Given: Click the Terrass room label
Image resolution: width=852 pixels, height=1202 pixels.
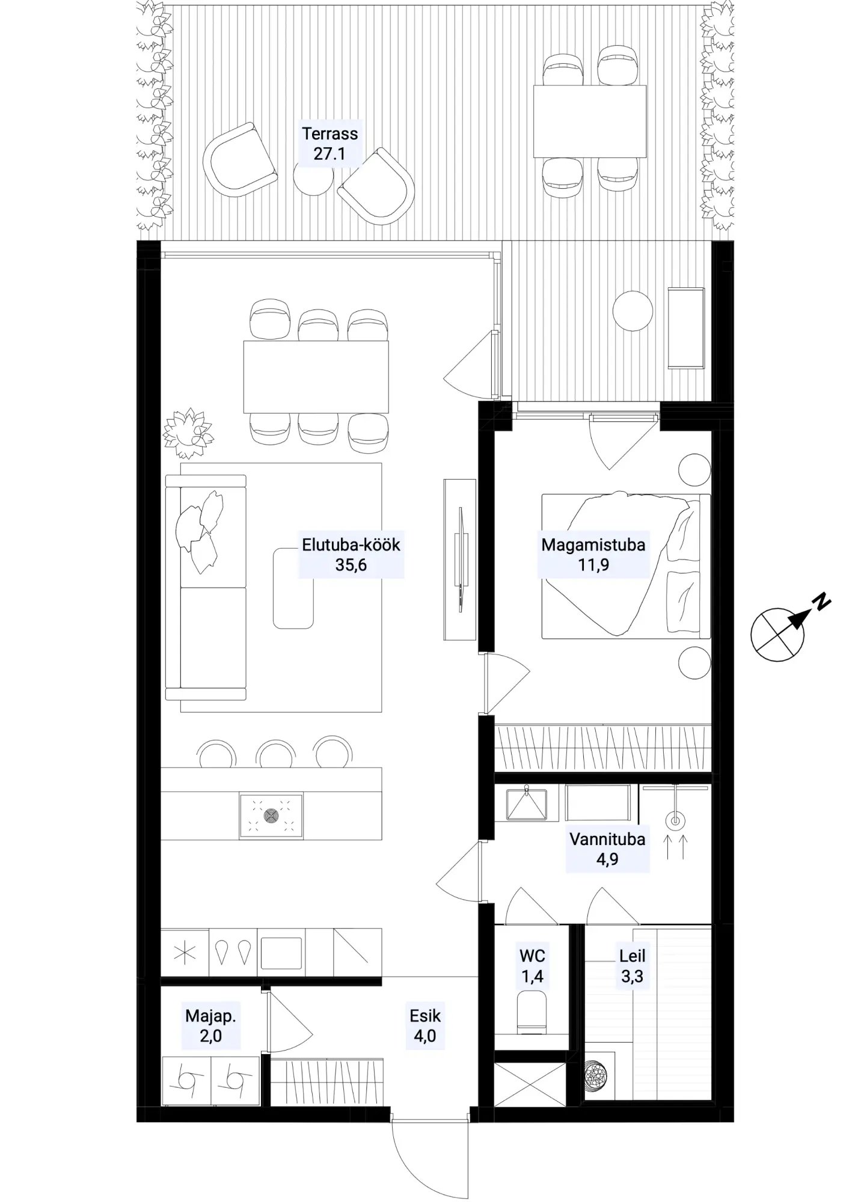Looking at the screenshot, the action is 329,144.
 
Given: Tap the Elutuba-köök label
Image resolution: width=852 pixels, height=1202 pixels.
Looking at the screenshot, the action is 351,555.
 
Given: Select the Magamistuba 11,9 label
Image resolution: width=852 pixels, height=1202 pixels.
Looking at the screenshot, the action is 593,555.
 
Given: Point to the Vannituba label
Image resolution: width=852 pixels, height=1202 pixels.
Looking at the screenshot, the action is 607,849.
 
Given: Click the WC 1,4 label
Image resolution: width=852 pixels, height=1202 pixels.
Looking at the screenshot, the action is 532,966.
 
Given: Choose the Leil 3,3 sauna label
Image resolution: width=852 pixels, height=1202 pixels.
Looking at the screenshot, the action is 632,966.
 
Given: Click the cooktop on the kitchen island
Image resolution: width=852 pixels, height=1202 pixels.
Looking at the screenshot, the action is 271,816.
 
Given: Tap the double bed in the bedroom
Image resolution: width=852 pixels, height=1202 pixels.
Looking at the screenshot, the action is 626,565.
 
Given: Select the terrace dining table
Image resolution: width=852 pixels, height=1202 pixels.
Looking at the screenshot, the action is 590,121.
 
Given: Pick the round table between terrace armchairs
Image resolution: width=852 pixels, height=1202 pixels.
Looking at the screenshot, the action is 313,175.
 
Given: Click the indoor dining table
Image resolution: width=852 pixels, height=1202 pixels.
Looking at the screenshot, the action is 316,377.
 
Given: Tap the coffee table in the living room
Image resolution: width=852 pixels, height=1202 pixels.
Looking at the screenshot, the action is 293,588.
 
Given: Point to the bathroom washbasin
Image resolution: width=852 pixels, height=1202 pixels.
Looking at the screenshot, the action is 527,804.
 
